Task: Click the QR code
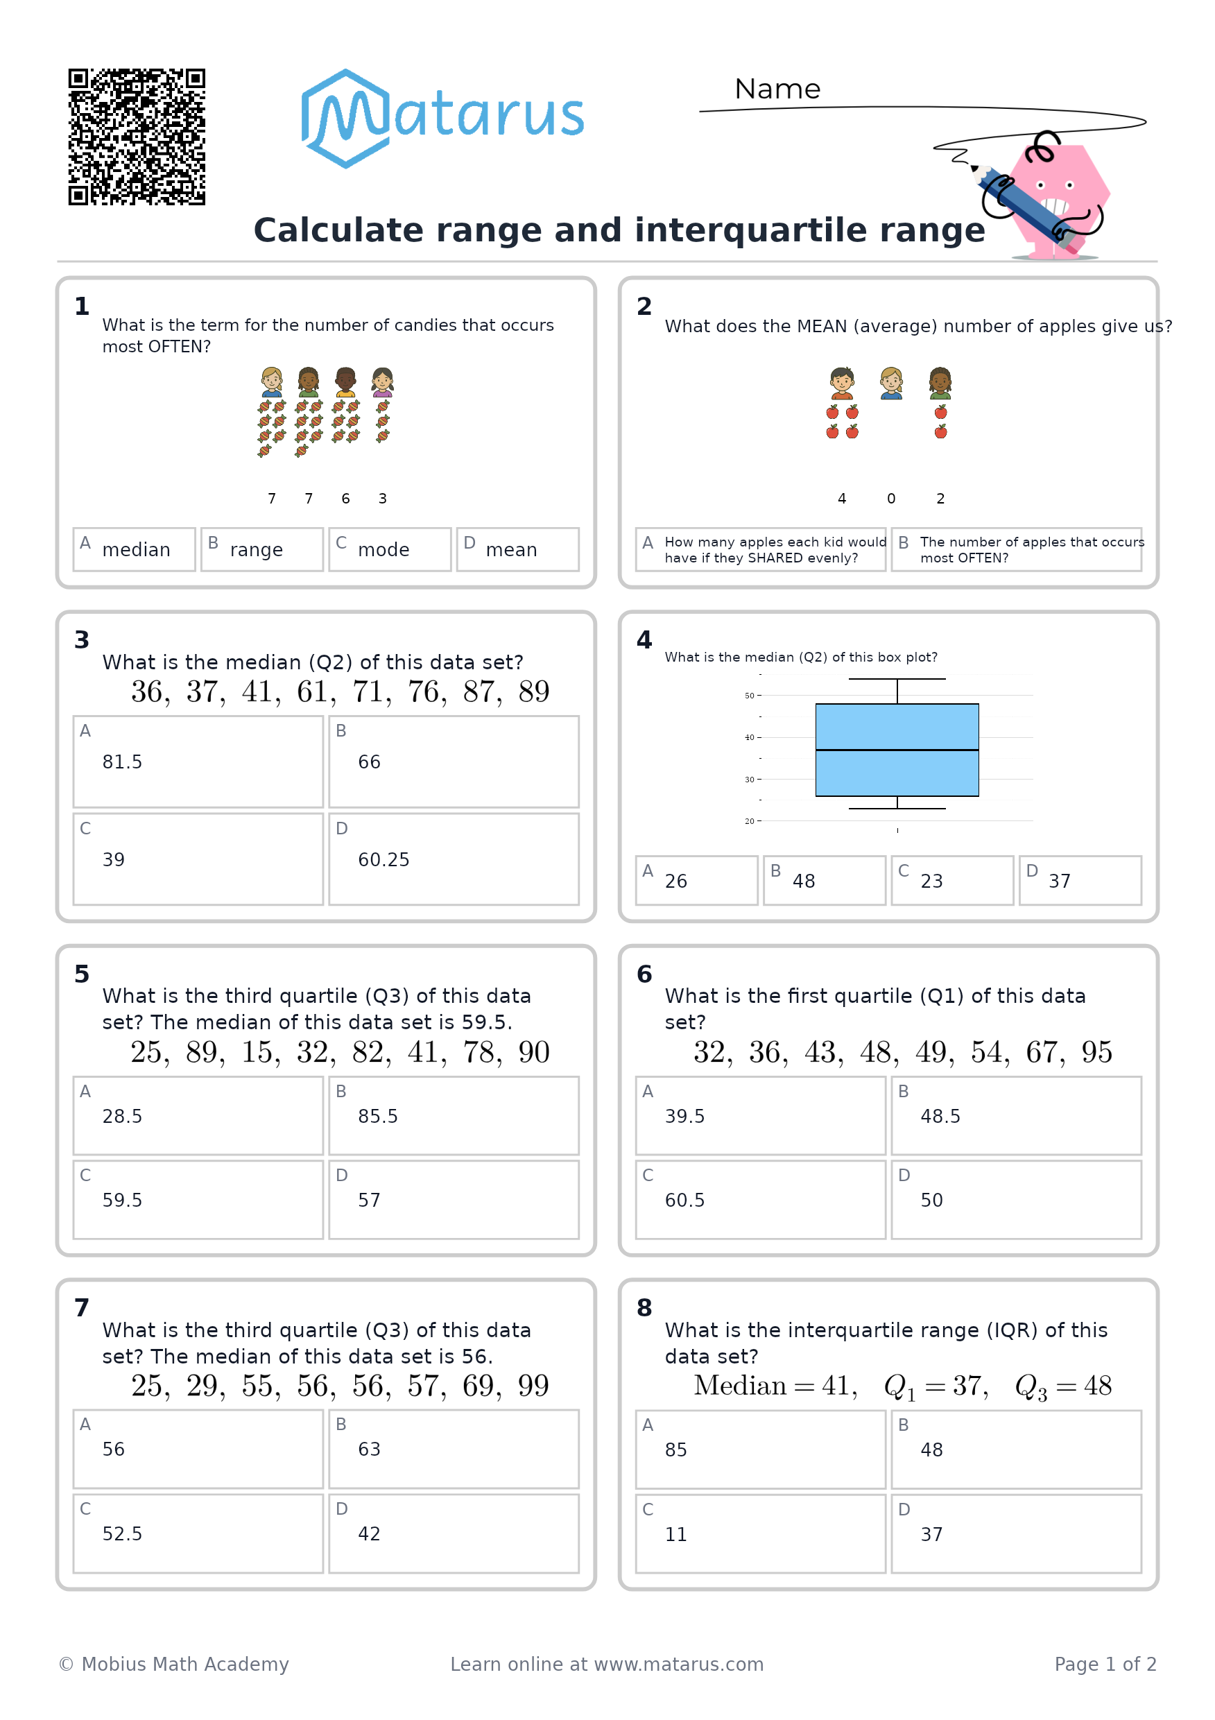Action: (x=137, y=137)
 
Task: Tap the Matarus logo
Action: (x=442, y=119)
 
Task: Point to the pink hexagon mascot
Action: (x=1055, y=198)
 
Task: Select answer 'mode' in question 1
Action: (x=390, y=549)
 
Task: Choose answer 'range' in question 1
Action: (x=262, y=549)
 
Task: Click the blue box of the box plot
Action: (x=897, y=750)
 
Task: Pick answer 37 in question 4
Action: (x=1080, y=880)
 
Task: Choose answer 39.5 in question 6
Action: (x=760, y=1116)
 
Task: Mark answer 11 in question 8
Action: (x=760, y=1534)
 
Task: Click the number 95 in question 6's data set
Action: (x=1096, y=1053)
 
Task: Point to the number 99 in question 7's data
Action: (x=533, y=1386)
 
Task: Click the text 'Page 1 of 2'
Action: (x=1105, y=1664)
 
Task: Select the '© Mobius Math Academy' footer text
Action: (x=174, y=1664)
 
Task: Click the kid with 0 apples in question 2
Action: (x=891, y=383)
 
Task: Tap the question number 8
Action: (x=644, y=1308)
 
